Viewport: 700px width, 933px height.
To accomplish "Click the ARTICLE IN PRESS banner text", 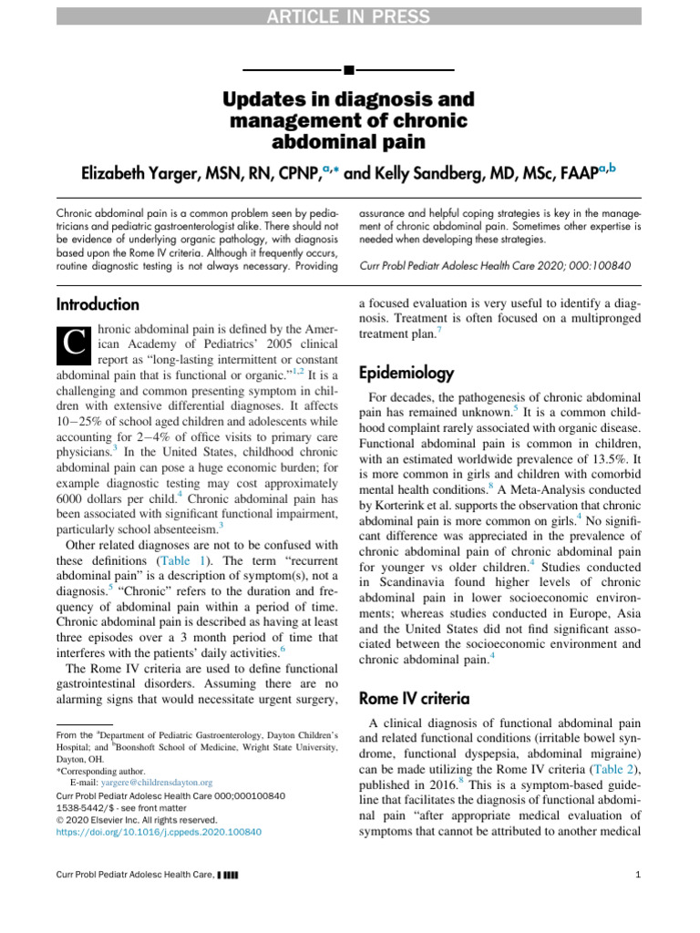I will (349, 15).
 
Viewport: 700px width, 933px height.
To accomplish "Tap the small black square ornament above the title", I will (349, 69).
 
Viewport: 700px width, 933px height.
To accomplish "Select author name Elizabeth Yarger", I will (136, 173).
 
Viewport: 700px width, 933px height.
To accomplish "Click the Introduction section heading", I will (98, 304).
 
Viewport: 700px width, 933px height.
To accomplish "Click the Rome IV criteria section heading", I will (414, 699).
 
